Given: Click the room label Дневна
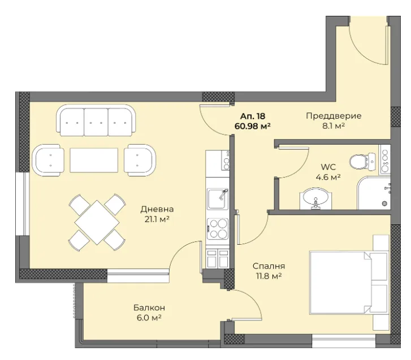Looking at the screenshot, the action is point(157,209).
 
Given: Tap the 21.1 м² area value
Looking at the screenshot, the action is point(157,219).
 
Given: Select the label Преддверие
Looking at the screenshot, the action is point(334,116).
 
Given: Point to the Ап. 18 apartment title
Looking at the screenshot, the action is point(253,116).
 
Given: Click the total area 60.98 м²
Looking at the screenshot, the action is point(253,126).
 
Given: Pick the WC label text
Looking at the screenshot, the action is point(328,167).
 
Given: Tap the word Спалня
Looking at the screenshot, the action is point(269,266).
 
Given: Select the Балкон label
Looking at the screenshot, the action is point(149,307).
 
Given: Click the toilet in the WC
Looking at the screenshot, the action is point(362,161).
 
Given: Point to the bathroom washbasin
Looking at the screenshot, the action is point(315,199).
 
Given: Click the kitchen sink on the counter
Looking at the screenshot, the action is point(217,199).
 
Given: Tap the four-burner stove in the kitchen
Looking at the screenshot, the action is point(217,229).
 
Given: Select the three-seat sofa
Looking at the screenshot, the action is point(96,120).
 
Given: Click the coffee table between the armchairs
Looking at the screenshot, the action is point(94,160).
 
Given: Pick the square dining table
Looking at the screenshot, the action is point(97,223).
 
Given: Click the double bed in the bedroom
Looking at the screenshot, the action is point(349,283).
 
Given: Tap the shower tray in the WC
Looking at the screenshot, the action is point(374,193).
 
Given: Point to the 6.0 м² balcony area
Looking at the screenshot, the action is point(149,318).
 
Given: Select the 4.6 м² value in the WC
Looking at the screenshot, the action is point(328,177).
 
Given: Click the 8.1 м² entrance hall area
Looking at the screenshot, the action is point(334,126).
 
